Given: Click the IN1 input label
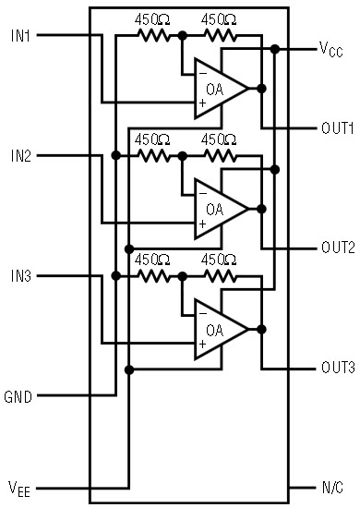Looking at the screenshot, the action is [x=20, y=36].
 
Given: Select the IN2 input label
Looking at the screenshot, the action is [x=20, y=156].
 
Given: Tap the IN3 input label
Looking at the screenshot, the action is [x=20, y=276].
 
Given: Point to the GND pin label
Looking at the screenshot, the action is [x=18, y=397].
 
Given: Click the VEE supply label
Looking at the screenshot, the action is [x=19, y=489].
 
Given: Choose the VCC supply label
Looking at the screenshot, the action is [x=330, y=50].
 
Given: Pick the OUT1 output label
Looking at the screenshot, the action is [x=337, y=128].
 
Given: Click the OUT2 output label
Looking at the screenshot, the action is [x=338, y=248].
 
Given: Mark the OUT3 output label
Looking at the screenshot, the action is [x=338, y=368].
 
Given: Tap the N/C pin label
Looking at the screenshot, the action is [x=332, y=488].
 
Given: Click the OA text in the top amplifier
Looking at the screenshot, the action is [x=215, y=89].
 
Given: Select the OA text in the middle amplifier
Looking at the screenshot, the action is [x=215, y=210].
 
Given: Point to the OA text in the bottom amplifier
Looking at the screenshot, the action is [x=215, y=330].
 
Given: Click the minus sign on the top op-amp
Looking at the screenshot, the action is [x=203, y=74].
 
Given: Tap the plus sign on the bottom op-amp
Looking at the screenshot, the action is [x=203, y=344].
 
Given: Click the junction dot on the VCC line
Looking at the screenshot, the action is [x=275, y=49].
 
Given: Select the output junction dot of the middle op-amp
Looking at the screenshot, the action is [x=261, y=209].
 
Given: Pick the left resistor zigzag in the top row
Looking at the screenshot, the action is [x=154, y=35].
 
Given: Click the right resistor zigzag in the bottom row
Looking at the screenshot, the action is [x=221, y=276].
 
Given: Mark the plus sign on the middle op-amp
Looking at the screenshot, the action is [x=203, y=224].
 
